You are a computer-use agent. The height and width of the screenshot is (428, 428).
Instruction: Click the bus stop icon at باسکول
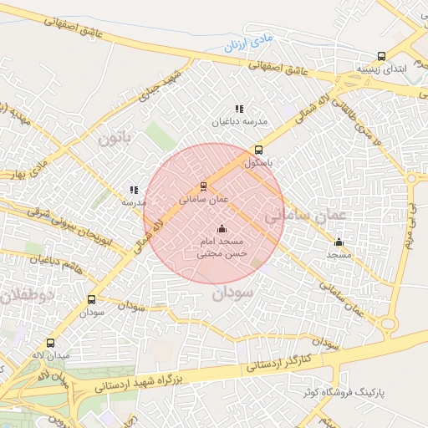point(258,150)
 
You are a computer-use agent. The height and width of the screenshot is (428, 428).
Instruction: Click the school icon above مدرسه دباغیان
point(239,109)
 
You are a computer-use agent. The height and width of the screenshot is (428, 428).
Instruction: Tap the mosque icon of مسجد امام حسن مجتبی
point(222,228)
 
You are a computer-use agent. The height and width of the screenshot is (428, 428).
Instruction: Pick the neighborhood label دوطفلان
point(26,295)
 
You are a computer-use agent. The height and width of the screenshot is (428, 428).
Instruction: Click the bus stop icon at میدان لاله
point(50,343)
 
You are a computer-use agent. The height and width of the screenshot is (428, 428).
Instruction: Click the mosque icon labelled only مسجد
point(339,242)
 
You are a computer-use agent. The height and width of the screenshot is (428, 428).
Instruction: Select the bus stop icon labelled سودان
point(91,299)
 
